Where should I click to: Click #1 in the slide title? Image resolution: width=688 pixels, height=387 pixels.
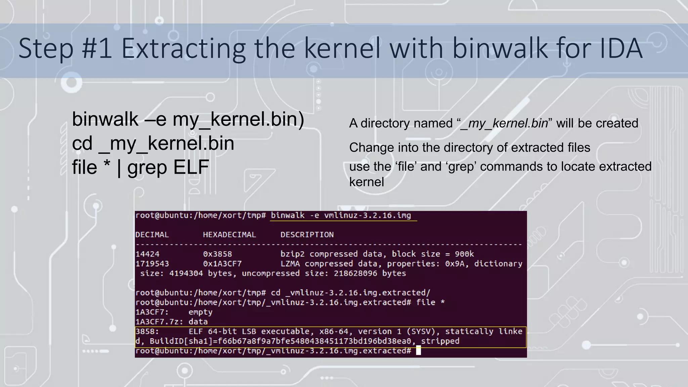point(97,49)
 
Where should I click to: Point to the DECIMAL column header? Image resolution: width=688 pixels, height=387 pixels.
point(152,235)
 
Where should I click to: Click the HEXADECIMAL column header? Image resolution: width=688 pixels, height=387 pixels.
point(229,235)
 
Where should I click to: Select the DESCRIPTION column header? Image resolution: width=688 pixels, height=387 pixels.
point(307,235)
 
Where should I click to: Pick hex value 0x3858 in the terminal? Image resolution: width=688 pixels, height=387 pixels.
point(217,254)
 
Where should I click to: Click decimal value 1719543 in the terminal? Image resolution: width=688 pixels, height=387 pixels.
point(152,264)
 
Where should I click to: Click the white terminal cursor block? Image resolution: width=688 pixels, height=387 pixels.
point(418,350)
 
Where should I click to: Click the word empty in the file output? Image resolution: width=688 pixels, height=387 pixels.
point(200,312)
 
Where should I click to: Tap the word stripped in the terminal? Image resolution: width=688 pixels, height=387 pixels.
point(440,341)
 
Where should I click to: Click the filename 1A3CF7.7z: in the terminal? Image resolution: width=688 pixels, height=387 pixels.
point(159,322)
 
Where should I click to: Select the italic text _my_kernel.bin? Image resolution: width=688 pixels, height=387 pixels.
point(504,123)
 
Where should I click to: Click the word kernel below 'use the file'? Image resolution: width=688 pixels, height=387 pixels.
point(366,182)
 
